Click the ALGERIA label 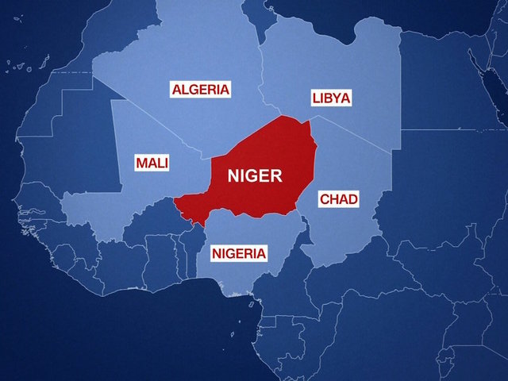[200, 89]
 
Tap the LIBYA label [330, 98]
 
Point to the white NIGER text [254, 176]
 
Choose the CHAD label [338, 198]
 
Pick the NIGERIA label [239, 253]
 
